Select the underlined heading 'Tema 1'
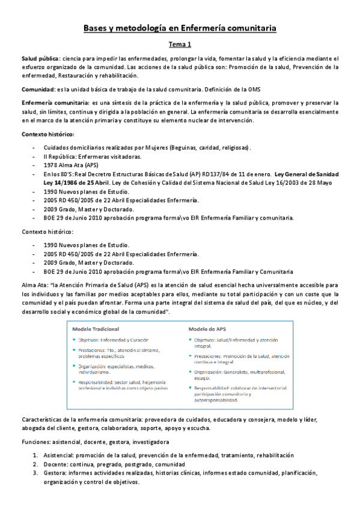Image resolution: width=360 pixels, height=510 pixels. [180, 44]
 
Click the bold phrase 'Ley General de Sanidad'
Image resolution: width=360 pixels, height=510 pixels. [307, 173]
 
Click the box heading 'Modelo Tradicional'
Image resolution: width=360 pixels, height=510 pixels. [96, 330]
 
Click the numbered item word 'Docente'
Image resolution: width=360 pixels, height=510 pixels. [57, 464]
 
